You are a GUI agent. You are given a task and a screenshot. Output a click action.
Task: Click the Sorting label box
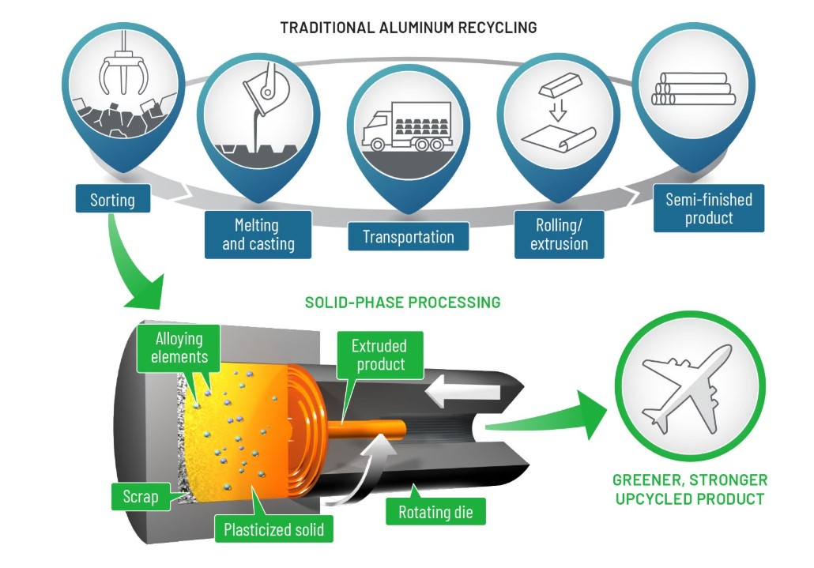coord(113,199)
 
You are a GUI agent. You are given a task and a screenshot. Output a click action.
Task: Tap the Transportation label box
coord(408,236)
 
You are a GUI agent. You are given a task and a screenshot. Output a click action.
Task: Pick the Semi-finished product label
coord(709,209)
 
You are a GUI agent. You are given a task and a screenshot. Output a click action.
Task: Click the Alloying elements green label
coord(179,348)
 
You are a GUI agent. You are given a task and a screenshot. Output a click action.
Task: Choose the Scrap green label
coord(140,498)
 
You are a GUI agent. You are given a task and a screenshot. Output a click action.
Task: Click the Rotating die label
coord(435,513)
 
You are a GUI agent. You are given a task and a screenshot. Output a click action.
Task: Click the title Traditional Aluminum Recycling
coord(408,27)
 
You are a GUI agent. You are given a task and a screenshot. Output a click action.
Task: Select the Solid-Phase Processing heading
coord(402,302)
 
